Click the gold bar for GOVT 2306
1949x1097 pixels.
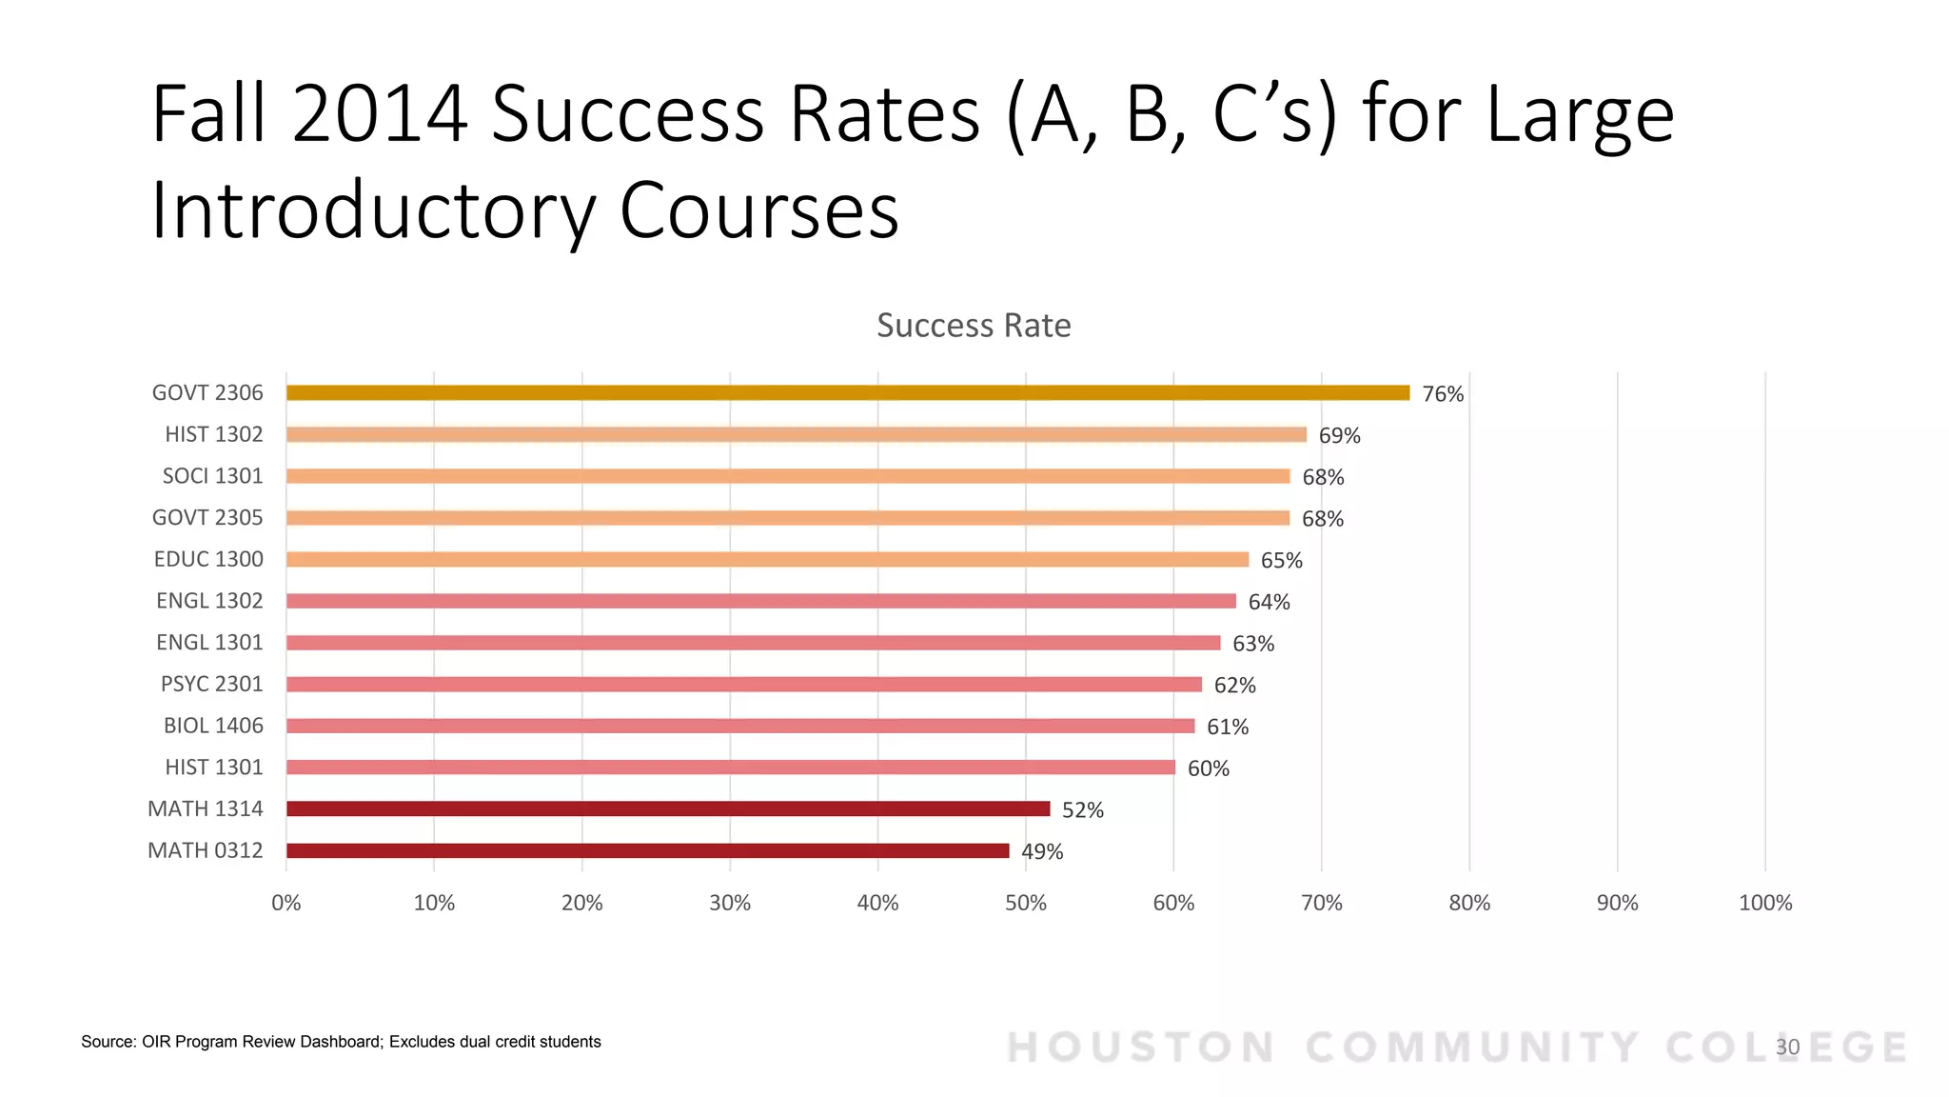[x=847, y=392]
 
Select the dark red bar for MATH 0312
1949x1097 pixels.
[x=647, y=850]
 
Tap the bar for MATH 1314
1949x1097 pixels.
[x=666, y=808]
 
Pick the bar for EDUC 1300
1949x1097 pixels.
[x=767, y=559]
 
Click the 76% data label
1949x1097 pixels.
[x=1443, y=394]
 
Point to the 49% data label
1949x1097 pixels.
[x=1042, y=852]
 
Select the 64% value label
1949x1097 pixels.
[x=1269, y=602]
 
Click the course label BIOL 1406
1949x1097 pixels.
[x=213, y=726]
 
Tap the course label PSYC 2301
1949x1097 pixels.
[x=211, y=684]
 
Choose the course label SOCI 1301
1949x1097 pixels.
[x=212, y=476]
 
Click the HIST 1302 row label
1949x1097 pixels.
[x=213, y=434]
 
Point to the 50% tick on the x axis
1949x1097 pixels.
[x=1025, y=903]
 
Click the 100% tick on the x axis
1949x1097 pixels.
[x=1764, y=903]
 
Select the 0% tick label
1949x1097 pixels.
[x=285, y=903]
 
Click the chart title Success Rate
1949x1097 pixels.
[x=974, y=326]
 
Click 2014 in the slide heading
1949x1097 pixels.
[x=379, y=114]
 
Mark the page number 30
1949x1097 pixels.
[x=1787, y=1047]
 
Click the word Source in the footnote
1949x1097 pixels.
[x=108, y=1042]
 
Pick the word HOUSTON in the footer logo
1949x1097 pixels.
[x=1140, y=1047]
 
